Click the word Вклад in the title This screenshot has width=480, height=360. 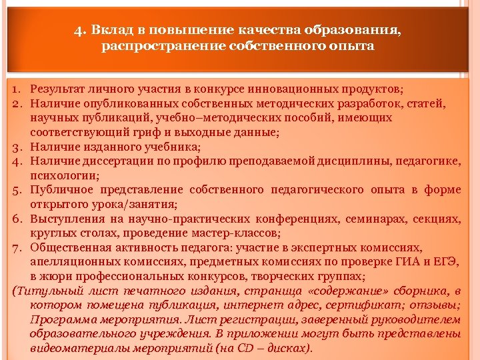pos(107,30)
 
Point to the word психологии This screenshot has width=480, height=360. pos(63,176)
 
